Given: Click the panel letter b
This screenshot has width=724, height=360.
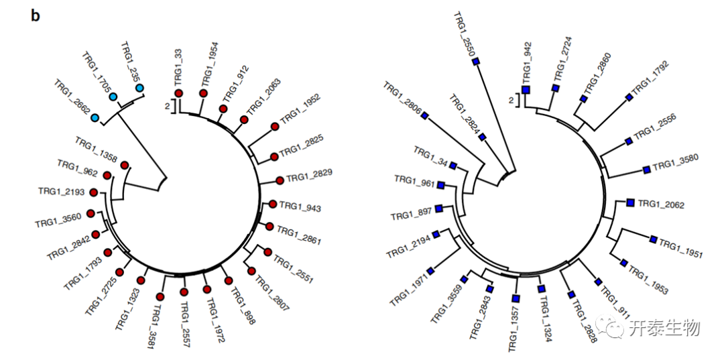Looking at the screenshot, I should coord(36,16).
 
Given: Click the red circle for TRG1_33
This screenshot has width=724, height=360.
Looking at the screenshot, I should coord(179,93).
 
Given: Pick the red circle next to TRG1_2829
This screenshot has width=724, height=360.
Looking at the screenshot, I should coord(280,180).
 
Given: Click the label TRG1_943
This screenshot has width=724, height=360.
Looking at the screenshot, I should coord(300,207).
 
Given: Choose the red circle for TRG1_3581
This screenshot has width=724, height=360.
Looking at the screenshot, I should coord(160,296).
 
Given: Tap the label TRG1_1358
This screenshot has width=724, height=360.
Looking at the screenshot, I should coord(96,151).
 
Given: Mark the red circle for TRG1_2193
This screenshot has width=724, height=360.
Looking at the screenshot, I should coord(93,193).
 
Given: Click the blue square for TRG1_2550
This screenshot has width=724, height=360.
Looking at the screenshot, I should coord(476,62).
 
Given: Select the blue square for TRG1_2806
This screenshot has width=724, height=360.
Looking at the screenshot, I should coord(424,115).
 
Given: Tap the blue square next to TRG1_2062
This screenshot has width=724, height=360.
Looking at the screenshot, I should coord(630,202).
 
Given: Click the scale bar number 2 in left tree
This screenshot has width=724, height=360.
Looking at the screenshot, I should coord(167,105).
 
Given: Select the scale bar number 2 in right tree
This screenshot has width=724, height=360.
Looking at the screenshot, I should coord(511,101).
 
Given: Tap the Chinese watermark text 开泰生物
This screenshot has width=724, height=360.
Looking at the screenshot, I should coord(664,328).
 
